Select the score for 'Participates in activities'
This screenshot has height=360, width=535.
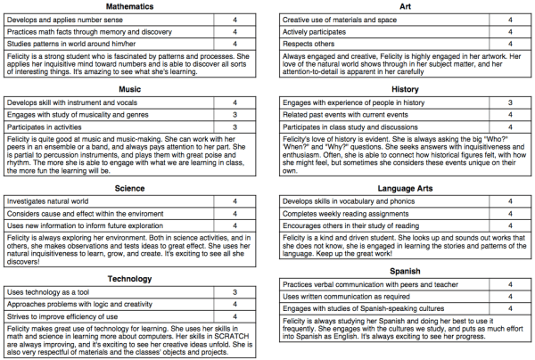tap(234, 127)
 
